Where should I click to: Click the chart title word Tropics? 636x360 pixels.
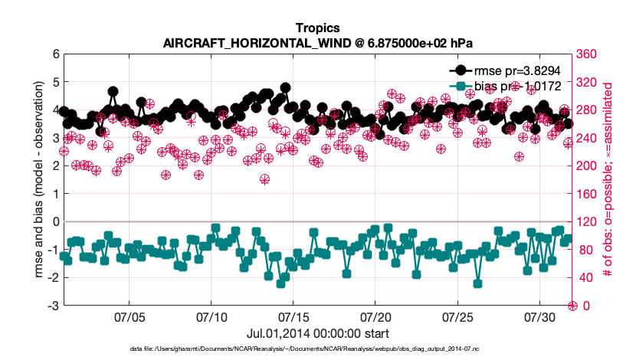coord(317,28)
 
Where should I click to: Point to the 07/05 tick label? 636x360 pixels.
coord(129,316)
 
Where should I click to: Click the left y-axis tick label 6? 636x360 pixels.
coord(55,54)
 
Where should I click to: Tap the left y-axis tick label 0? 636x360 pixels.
coord(55,222)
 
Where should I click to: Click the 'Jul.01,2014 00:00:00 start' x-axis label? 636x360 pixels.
coord(317,334)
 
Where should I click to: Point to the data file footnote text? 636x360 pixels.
coord(317,349)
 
